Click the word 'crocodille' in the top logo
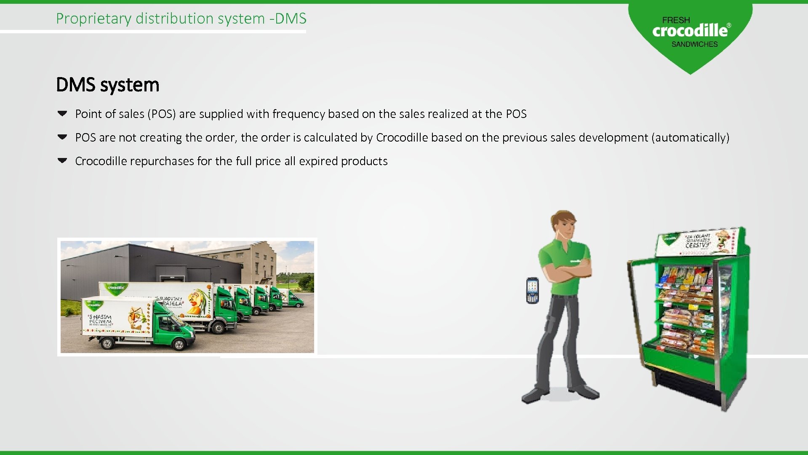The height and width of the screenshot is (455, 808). (x=690, y=30)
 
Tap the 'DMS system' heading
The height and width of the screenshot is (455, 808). (x=107, y=85)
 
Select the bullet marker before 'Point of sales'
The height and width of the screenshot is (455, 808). (x=62, y=113)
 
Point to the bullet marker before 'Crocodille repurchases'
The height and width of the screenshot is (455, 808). (x=62, y=161)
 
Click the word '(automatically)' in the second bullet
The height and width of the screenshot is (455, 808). (x=690, y=137)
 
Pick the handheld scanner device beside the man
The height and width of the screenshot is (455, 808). (x=532, y=290)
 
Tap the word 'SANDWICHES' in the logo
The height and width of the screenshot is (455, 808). (x=694, y=44)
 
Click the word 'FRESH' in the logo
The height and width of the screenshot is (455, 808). (x=676, y=20)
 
